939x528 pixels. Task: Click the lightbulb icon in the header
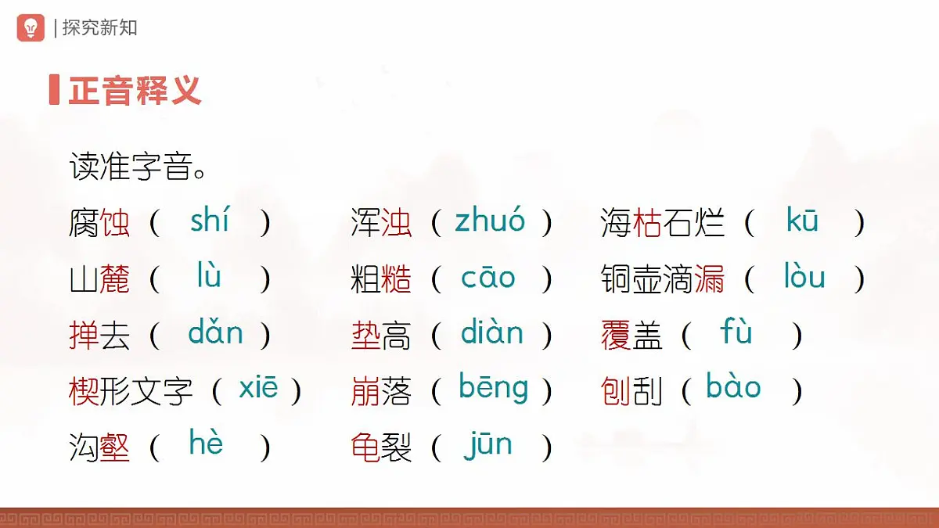[x=31, y=27]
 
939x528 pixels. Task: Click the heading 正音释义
[x=135, y=90]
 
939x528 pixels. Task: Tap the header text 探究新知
[x=99, y=28]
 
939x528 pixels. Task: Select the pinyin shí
[x=209, y=221]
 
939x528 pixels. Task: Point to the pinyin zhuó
[x=490, y=221]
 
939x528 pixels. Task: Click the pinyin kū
[x=802, y=221]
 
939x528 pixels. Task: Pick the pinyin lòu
[x=804, y=277]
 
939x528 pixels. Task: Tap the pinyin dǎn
[x=215, y=333]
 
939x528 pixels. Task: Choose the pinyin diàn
[x=491, y=333]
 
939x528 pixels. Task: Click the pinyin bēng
[x=493, y=389]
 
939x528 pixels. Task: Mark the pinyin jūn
[x=487, y=445]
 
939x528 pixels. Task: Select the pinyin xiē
[x=258, y=389]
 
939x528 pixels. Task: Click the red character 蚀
[x=115, y=224]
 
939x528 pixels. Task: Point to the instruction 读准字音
[x=139, y=167]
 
